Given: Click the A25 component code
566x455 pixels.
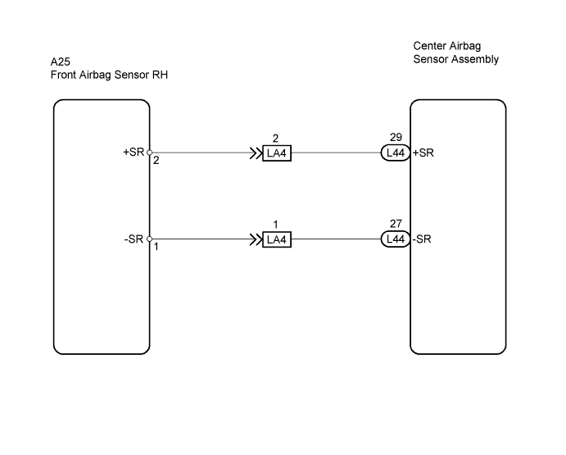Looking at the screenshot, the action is coord(61,62).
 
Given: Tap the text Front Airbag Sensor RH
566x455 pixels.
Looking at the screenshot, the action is coord(109,75).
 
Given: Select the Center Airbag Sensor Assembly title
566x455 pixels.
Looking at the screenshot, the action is coord(456,52).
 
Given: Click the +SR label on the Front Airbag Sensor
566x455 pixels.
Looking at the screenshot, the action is coord(134,152).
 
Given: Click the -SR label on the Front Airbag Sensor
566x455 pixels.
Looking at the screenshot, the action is coord(134,239).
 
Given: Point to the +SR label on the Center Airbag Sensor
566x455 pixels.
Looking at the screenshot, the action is coord(423,152).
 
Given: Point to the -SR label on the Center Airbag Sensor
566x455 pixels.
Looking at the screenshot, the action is coord(422,239).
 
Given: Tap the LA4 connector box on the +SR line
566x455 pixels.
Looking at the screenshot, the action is coord(277,153).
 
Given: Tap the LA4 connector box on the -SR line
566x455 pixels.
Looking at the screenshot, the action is coord(277,239).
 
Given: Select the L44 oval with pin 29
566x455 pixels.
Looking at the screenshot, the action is coord(396,152).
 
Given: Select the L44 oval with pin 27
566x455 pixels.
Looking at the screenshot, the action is coord(396,239).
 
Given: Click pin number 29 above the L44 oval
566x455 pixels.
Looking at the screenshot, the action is coord(396,138).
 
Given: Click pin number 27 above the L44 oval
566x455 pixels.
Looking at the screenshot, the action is coord(396,224).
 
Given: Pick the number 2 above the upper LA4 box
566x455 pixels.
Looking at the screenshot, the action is coord(275,139).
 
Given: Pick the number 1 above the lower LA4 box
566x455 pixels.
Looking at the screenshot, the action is coord(275,225).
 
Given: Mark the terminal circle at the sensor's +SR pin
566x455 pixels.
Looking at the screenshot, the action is coord(149,152).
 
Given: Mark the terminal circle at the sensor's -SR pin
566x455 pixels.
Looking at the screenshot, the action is coord(149,239).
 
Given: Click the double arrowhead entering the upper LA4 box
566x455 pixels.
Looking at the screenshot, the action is coord(256,153).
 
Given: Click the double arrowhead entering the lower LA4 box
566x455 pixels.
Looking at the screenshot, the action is coord(256,239).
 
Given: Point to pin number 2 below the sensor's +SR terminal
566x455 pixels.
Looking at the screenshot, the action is coord(156,161).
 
